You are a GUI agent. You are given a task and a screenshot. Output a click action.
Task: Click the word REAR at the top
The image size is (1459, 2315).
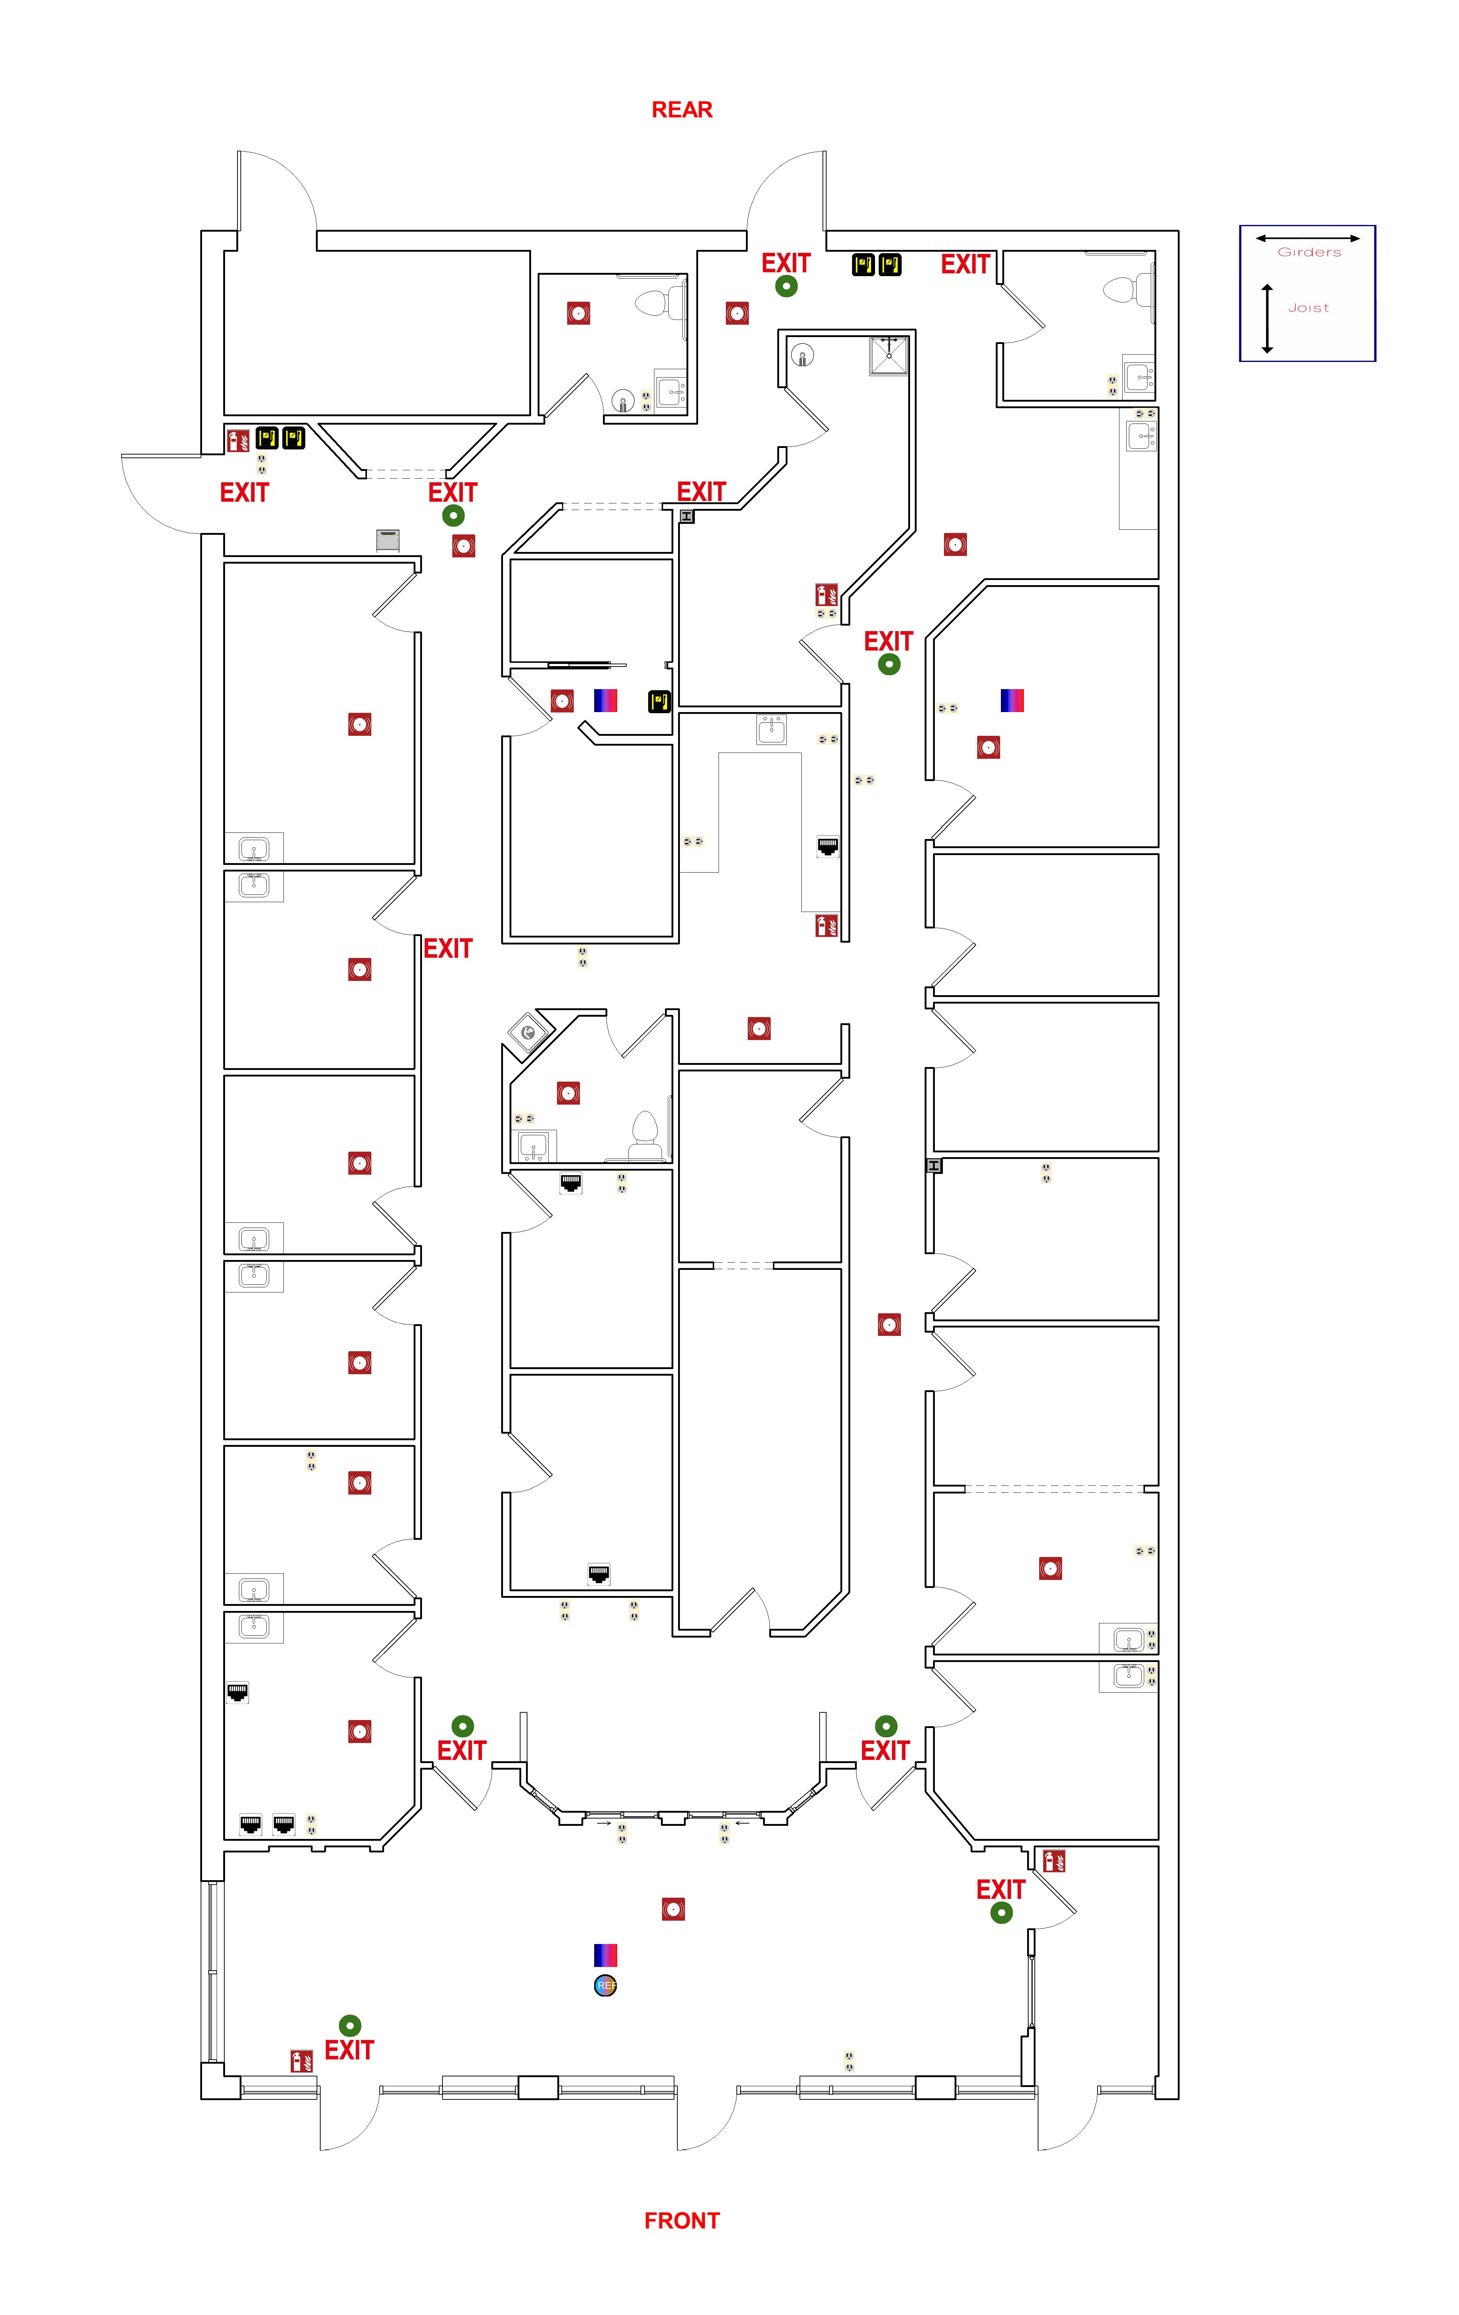coord(681,109)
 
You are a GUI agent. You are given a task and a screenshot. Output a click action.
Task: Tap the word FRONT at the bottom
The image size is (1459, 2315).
coord(681,2220)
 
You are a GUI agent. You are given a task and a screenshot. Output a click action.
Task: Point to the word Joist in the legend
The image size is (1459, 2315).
coord(1308,308)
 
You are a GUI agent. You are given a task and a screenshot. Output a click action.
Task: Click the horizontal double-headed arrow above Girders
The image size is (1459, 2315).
coord(1307,237)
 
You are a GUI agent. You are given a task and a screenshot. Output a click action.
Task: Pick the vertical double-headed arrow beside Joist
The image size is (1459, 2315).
coord(1267,318)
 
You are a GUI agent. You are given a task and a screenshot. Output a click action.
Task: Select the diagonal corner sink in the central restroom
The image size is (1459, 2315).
coord(528,1033)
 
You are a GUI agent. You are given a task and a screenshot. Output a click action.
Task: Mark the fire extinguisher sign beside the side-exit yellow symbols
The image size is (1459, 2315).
coord(237,440)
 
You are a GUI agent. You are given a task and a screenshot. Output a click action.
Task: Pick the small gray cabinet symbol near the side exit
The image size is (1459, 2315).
coord(387,540)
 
